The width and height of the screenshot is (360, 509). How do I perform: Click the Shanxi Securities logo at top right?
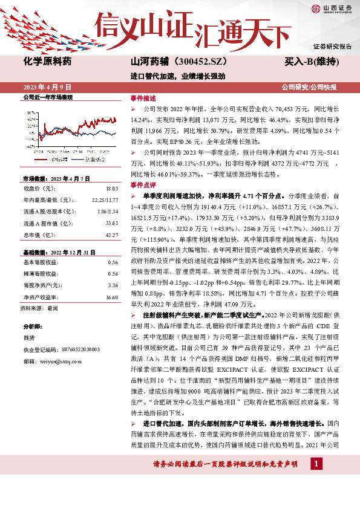coord(330,8)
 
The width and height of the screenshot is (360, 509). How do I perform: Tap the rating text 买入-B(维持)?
coord(311,62)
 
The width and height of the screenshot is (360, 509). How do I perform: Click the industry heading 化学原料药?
coord(47,62)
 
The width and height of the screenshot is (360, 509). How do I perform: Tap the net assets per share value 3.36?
coord(112,285)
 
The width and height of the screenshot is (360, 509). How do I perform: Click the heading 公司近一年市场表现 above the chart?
coord(48,97)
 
